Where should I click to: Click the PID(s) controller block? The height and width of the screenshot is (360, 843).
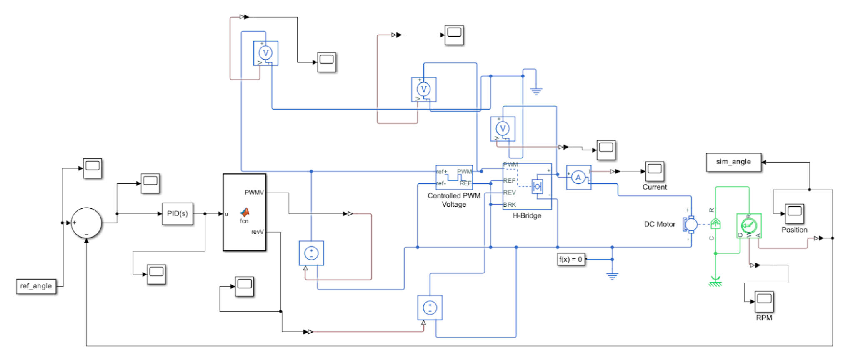click(177, 214)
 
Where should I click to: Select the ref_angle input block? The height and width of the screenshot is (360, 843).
click(36, 286)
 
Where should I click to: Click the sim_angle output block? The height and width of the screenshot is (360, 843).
click(733, 162)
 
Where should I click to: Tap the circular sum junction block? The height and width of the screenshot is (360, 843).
click(86, 223)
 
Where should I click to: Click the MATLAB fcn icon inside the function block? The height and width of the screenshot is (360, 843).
click(244, 212)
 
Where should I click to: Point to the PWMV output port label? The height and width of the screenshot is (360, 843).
click(254, 192)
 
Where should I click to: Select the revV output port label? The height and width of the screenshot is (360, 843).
click(257, 232)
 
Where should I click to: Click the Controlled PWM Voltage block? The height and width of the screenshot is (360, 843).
click(454, 177)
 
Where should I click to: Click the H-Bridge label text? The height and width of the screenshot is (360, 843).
click(527, 215)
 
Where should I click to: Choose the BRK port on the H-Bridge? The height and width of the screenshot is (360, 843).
click(510, 205)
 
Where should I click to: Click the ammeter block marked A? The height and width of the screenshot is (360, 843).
click(578, 177)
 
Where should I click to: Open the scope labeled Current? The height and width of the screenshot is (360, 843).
click(654, 170)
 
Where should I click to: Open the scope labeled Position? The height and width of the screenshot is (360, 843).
click(794, 213)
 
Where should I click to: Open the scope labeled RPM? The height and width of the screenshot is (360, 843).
click(764, 301)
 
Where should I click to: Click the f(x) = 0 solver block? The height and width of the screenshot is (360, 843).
click(570, 259)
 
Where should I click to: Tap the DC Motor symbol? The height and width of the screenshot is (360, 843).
click(690, 224)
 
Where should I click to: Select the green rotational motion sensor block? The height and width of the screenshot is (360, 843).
click(749, 226)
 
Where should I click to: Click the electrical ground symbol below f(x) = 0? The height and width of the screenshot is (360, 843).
click(612, 275)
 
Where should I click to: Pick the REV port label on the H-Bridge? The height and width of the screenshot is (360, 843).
click(510, 192)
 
